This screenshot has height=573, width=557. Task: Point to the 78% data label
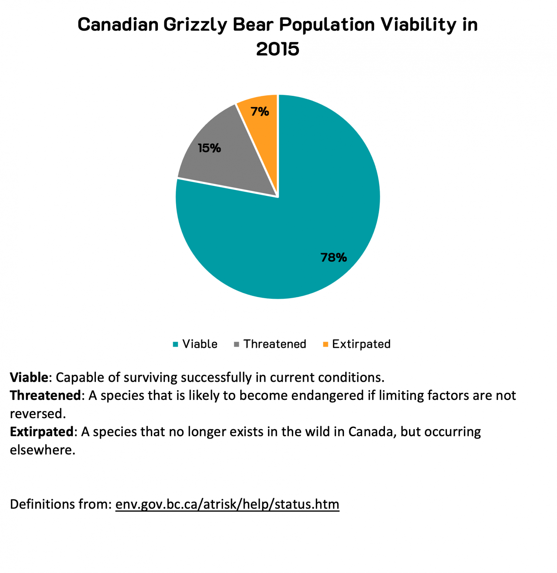point(334,257)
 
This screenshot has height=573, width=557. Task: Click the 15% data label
point(209,148)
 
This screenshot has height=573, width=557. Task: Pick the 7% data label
point(260,111)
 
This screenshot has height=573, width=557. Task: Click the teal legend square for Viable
point(175,344)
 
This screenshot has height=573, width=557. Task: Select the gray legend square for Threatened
point(236,344)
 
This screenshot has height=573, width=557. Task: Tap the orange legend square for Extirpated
point(325,344)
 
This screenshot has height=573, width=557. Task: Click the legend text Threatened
point(275,344)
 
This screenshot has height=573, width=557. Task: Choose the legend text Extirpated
point(361,344)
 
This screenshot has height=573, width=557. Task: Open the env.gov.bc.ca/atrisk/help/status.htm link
point(227,504)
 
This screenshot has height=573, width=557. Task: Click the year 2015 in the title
point(278,49)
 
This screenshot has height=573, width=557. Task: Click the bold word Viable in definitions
point(29,378)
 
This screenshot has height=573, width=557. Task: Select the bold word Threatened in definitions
point(45,395)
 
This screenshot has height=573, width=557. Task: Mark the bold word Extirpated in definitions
point(41,432)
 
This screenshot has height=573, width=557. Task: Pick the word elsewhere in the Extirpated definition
point(42,450)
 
